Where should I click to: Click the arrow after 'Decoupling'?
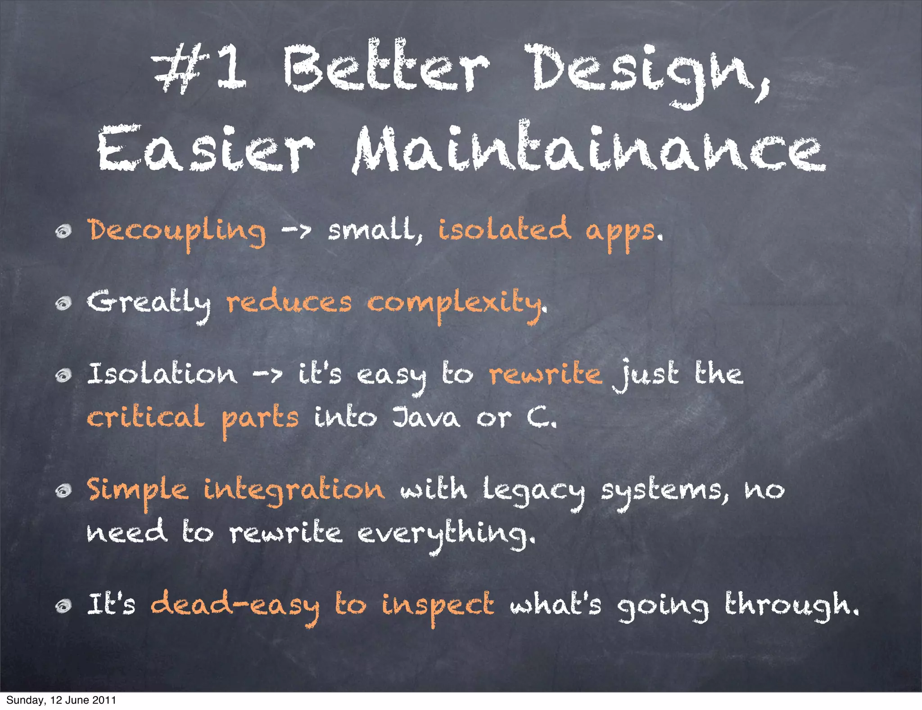(x=296, y=231)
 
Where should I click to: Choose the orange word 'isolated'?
(x=504, y=229)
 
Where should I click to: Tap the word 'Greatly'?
(x=149, y=303)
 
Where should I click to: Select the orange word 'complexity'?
(x=455, y=304)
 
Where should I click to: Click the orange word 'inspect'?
(x=438, y=606)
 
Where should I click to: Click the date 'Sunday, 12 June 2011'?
(x=61, y=700)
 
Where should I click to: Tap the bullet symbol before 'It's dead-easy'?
(x=64, y=607)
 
